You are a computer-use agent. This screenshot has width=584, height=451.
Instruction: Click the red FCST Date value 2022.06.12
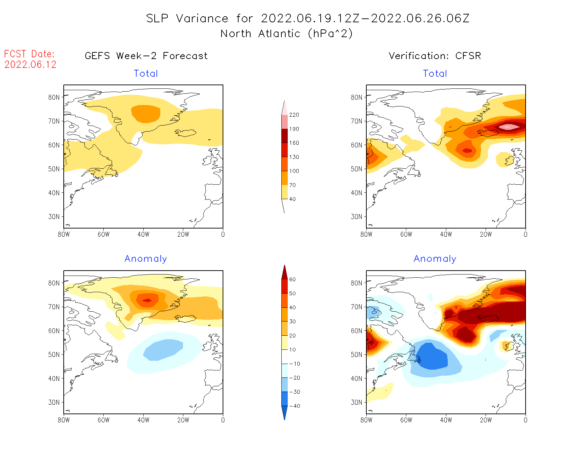click(30, 64)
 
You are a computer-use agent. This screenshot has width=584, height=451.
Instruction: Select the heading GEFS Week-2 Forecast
click(146, 56)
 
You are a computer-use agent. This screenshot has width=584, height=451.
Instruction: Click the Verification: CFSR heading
click(435, 56)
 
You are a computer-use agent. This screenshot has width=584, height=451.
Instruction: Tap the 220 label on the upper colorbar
click(294, 115)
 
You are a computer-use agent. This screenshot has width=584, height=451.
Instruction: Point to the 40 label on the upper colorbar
click(292, 199)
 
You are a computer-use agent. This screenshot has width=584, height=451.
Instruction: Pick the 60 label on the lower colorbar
click(292, 279)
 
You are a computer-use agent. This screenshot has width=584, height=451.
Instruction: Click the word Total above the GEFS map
click(146, 74)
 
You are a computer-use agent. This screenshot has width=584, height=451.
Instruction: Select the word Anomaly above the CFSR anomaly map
click(435, 259)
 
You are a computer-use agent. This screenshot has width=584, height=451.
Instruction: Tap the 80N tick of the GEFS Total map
click(54, 97)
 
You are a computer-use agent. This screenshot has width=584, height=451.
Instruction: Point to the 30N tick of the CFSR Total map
click(356, 216)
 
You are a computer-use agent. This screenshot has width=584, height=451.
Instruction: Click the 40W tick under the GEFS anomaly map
click(143, 420)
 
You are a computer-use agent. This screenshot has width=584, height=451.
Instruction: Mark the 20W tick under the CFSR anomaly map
click(486, 420)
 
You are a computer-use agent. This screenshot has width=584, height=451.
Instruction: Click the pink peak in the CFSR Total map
click(508, 127)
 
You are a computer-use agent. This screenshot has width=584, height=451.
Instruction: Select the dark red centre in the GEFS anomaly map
click(147, 301)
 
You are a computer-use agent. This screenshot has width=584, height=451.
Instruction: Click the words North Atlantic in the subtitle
click(260, 34)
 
